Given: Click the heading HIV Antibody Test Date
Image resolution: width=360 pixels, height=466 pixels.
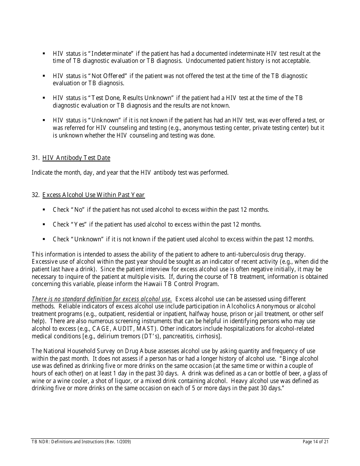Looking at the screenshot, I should (x=76, y=158).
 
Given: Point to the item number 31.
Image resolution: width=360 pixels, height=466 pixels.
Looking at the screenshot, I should (x=35, y=158).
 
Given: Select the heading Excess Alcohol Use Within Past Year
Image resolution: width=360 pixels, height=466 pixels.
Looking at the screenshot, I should (x=93, y=195).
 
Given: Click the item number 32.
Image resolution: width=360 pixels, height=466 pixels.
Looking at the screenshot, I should (x=35, y=195).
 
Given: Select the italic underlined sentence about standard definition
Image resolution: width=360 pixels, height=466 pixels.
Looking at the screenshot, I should (x=102, y=299).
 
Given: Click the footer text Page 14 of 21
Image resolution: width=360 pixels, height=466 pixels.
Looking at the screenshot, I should (x=316, y=442).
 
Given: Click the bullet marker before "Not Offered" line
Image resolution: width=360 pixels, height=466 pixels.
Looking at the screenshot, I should (x=44, y=76).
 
